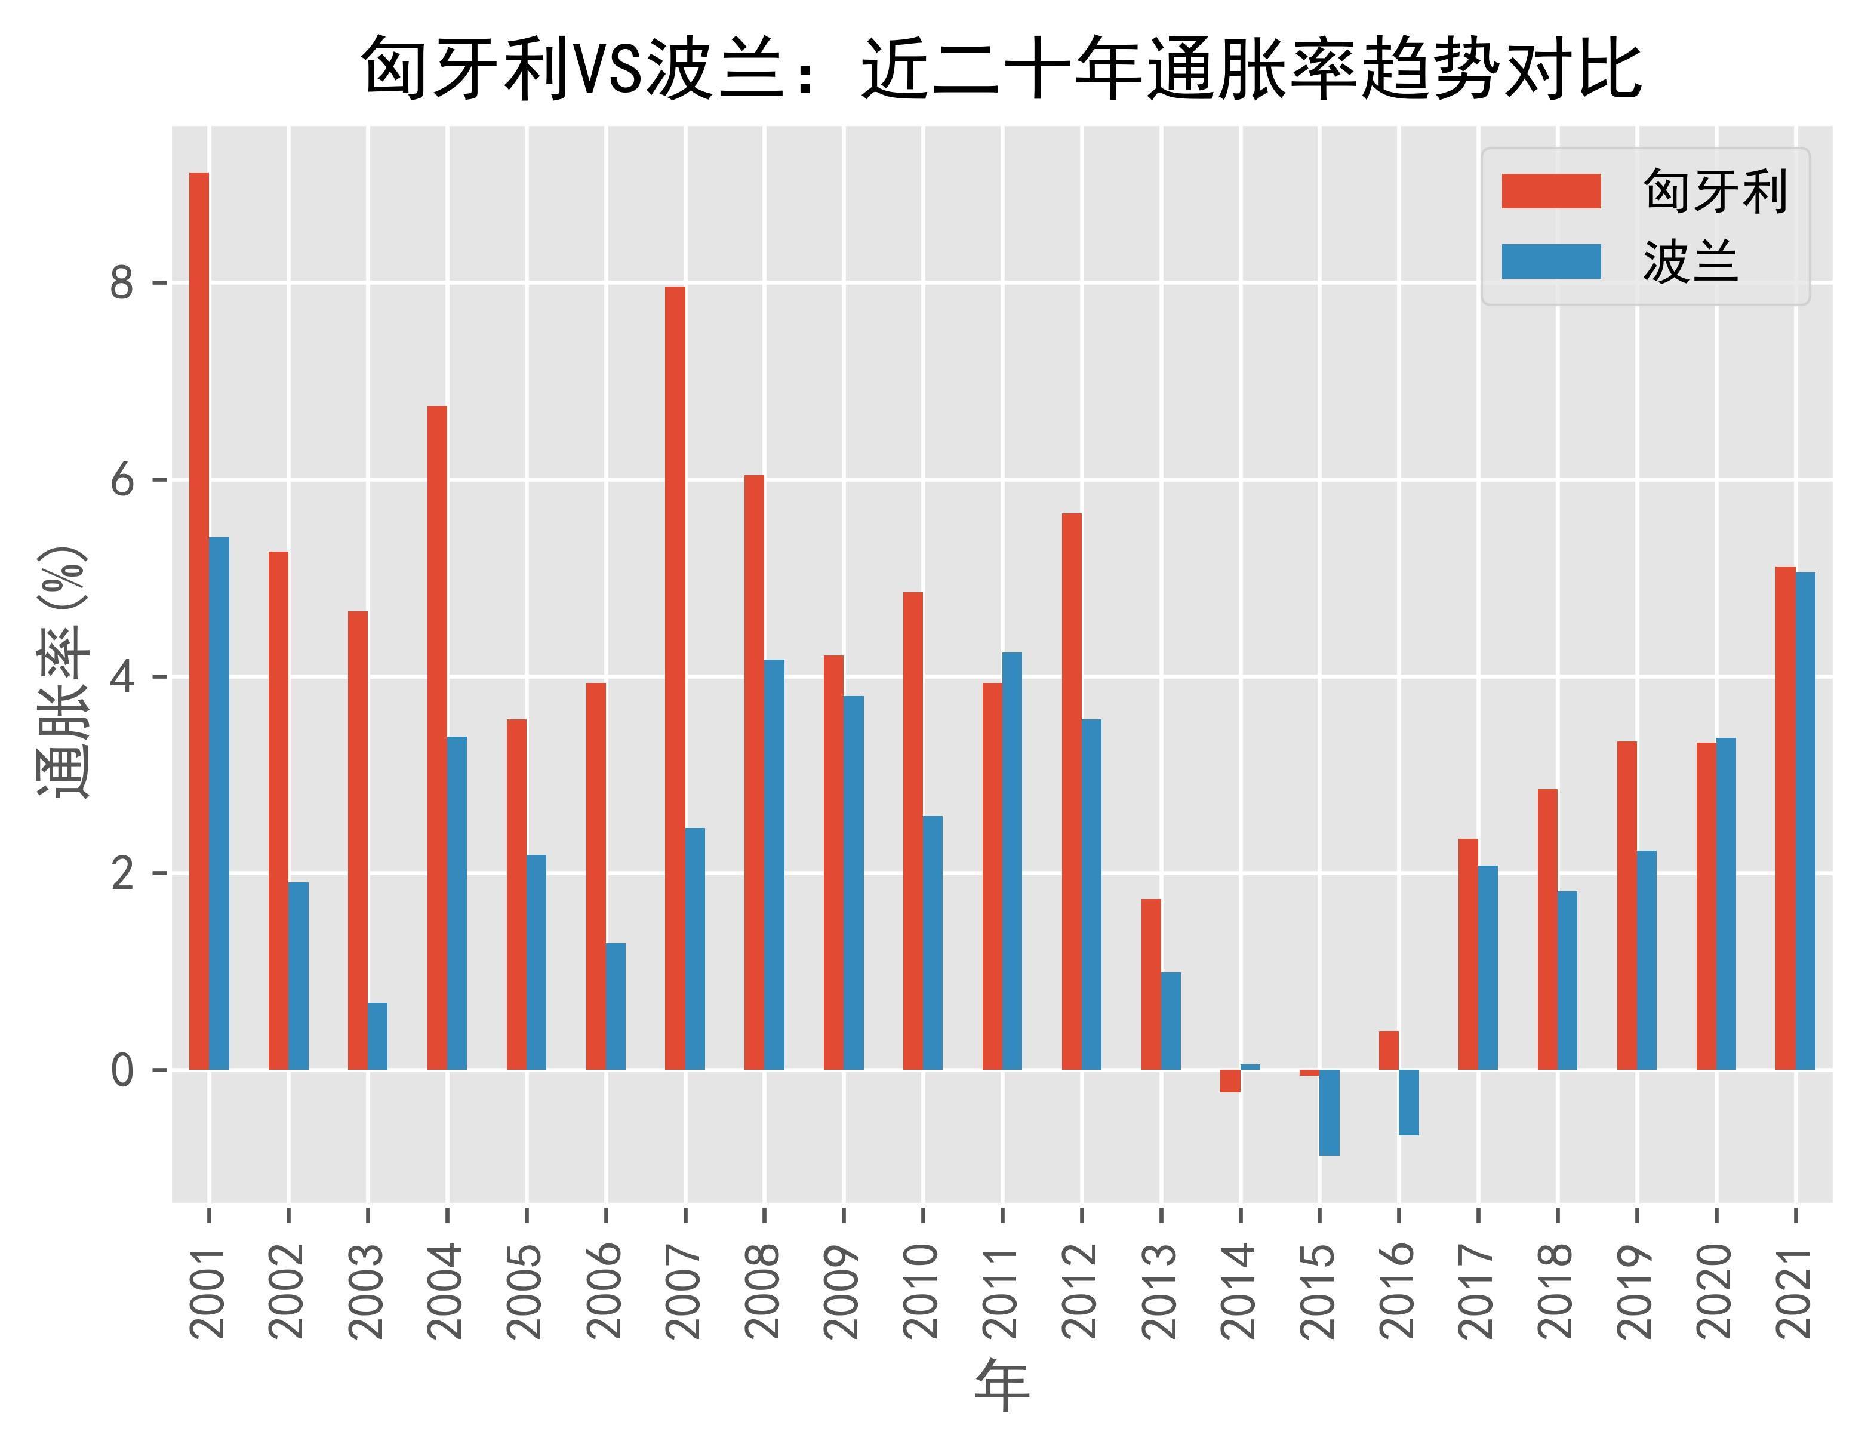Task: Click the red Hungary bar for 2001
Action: [x=199, y=621]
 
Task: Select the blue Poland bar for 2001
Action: [x=219, y=803]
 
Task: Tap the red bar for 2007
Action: [x=675, y=678]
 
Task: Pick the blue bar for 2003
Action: [x=378, y=1036]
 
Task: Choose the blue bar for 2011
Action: [x=1012, y=861]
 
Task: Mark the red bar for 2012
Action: [x=1072, y=792]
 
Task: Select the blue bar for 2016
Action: [x=1408, y=1102]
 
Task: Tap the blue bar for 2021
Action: [x=1805, y=820]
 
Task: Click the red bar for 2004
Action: [x=437, y=737]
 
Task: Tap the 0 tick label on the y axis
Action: [x=122, y=1070]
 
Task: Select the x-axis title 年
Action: [x=1001, y=1386]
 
